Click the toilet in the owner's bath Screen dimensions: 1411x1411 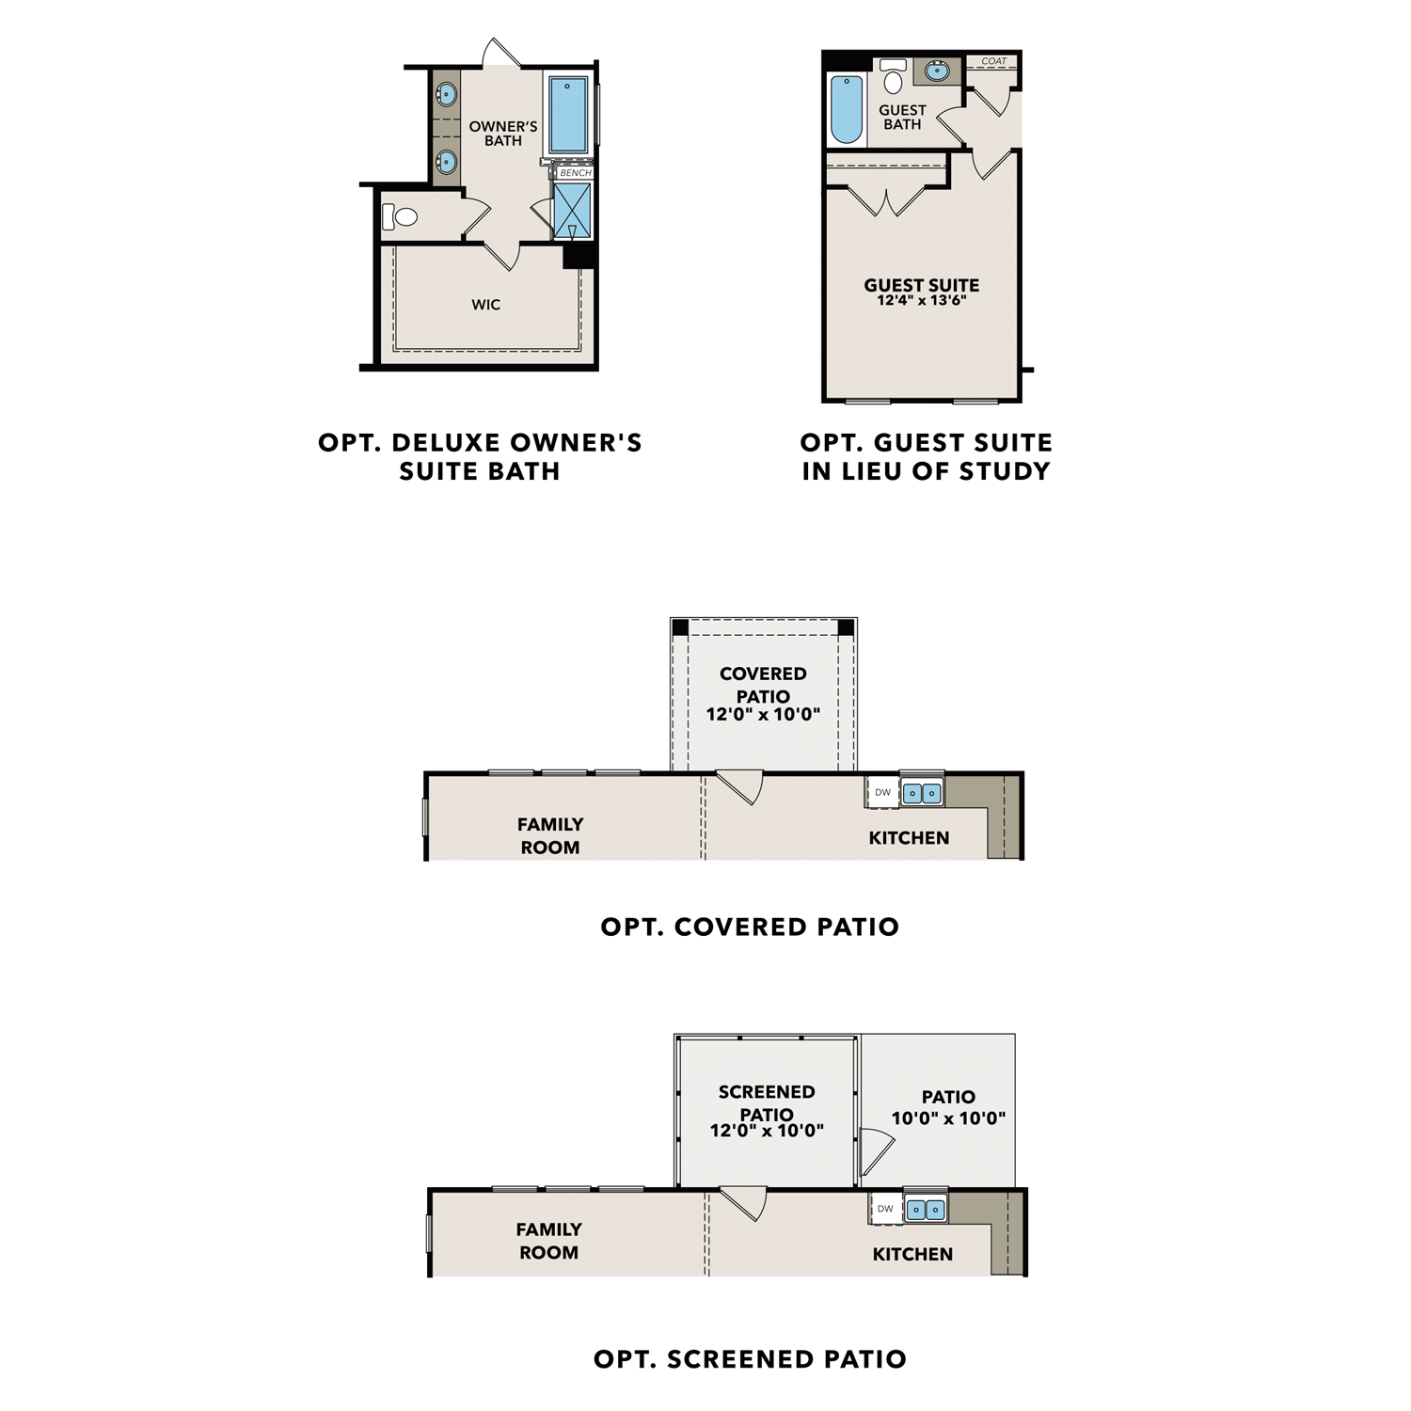[402, 217]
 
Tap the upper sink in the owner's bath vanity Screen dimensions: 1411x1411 [446, 94]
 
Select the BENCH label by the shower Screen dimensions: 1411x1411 [575, 173]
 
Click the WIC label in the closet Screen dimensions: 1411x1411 [485, 305]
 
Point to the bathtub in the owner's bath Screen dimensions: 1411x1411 [567, 115]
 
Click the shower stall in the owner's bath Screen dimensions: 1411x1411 [572, 211]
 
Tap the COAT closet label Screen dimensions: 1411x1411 [993, 61]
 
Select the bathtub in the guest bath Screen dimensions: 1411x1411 [846, 109]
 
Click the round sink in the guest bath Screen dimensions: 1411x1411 [937, 71]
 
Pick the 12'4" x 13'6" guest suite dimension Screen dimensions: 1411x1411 [921, 301]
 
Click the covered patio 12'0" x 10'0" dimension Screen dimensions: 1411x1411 [763, 714]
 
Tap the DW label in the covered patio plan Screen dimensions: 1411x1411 [882, 793]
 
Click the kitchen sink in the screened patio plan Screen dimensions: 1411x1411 [925, 1210]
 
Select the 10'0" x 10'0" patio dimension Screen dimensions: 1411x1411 [948, 1118]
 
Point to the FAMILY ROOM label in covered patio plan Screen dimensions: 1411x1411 [550, 835]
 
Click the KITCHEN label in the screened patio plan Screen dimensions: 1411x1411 [912, 1254]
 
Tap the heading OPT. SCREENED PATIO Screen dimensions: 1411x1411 [750, 1359]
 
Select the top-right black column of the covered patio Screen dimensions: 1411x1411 [846, 627]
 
